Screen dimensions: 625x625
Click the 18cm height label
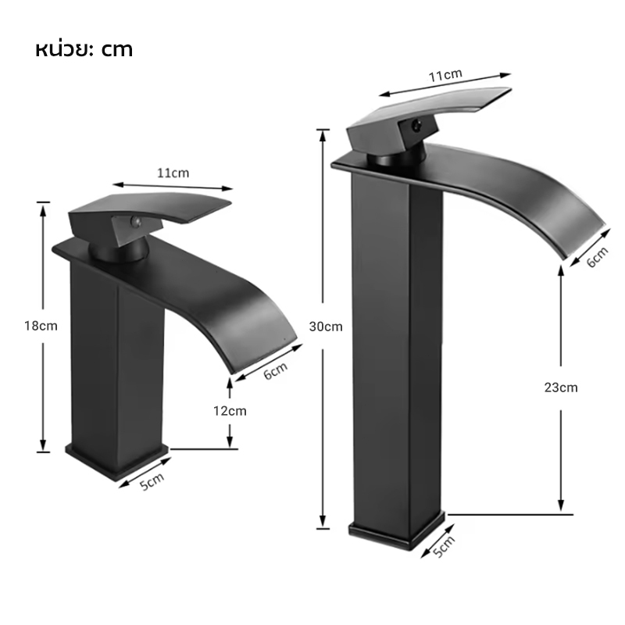41,326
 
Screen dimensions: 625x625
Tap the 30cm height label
326,327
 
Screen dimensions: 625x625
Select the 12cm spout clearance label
230,411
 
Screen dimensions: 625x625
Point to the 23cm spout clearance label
561,387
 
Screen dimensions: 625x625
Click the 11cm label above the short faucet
173,173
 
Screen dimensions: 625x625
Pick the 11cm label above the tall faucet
445,75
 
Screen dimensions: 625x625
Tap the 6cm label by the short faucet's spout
276,370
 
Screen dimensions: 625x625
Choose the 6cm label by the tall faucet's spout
598,257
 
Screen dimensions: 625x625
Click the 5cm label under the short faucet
152,481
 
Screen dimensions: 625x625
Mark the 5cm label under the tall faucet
444,546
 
